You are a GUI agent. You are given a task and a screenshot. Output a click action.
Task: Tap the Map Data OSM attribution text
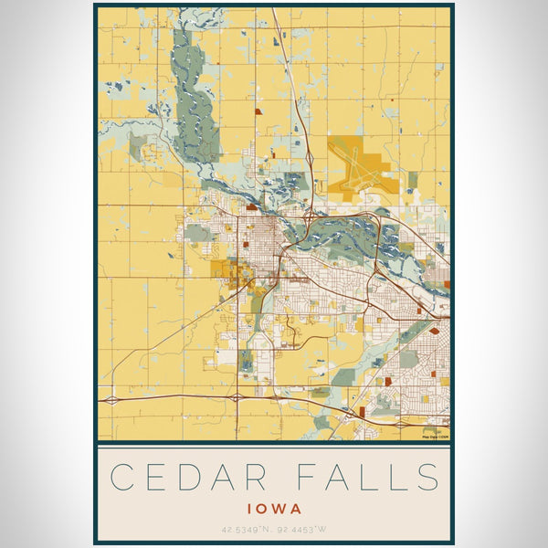(x=435, y=437)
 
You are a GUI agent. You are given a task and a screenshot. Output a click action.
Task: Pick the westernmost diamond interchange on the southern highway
(x=111, y=399)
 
